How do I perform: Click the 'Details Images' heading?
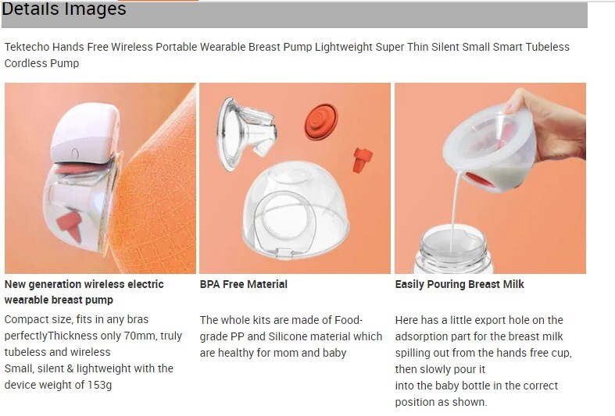click(x=63, y=9)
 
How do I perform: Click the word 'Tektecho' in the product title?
click(x=27, y=47)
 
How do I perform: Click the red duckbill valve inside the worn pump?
click(x=70, y=226)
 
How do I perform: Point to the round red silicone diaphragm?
click(x=321, y=122)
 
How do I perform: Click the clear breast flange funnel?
click(x=245, y=133)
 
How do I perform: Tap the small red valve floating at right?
click(x=362, y=160)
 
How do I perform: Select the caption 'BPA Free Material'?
click(x=244, y=284)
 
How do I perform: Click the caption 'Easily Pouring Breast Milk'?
click(x=459, y=284)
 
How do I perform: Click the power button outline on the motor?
click(x=75, y=153)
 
